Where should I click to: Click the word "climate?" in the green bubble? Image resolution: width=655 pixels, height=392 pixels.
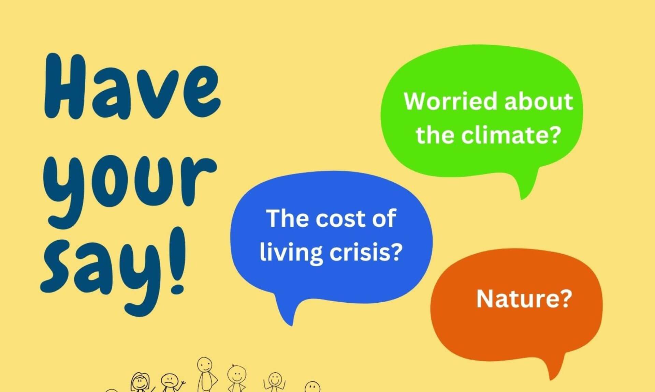click(511, 135)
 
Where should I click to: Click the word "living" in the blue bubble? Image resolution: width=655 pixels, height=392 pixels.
click(291, 253)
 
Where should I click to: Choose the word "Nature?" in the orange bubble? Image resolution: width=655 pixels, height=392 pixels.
click(524, 299)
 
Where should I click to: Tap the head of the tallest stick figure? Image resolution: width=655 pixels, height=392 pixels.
click(205, 365)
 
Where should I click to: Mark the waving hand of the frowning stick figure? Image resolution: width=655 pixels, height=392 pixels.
click(183, 383)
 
